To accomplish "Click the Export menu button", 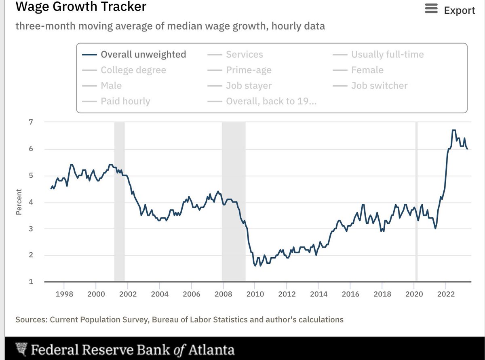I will pos(450,10).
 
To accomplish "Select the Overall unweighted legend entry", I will pos(143,55).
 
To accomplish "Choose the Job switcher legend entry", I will pos(379,85).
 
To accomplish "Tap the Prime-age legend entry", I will pos(249,70).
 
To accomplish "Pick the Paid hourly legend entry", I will pos(125,101).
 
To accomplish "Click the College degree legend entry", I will pos(133,70).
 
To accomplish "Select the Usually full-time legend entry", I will pos(387,55).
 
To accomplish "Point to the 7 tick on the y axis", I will pos(31,122).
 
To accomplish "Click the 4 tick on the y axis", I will pos(31,201).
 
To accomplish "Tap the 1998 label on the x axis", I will pos(64,294).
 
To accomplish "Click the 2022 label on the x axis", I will pos(445,294).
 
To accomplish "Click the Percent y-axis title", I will pos(19,201).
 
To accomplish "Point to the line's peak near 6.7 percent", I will pos(453,130).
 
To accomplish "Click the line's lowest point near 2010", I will pos(255,266).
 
